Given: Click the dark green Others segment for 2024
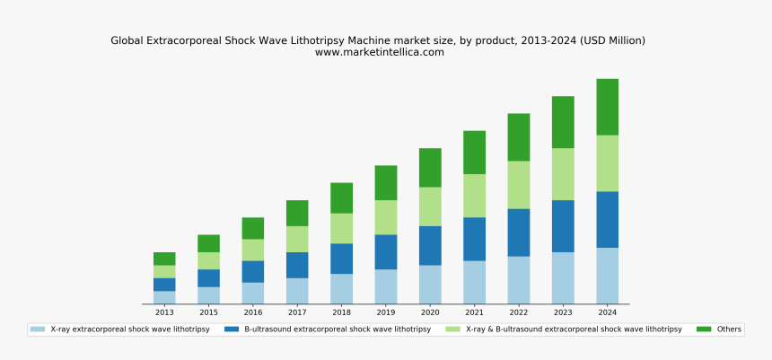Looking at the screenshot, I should pyautogui.click(x=607, y=107).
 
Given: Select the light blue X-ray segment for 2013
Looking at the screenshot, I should pyautogui.click(x=164, y=297).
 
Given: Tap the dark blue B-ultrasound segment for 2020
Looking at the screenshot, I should pyautogui.click(x=430, y=245).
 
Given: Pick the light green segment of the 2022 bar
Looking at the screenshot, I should pyautogui.click(x=518, y=185).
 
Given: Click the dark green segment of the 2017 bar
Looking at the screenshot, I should pyautogui.click(x=297, y=213).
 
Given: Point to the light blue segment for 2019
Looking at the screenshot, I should pyautogui.click(x=386, y=286).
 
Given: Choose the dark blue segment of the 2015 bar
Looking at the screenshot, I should pyautogui.click(x=208, y=277).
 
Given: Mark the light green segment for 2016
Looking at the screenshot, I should pyautogui.click(x=253, y=250).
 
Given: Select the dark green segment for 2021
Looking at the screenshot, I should pyautogui.click(x=474, y=153).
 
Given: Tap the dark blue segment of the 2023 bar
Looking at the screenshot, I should pyautogui.click(x=563, y=225).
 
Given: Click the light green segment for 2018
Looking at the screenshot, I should pyautogui.click(x=341, y=228).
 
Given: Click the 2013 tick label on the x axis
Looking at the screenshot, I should pyautogui.click(x=164, y=312).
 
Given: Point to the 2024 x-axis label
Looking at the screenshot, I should pyautogui.click(x=607, y=312).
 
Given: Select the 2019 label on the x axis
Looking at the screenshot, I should pyautogui.click(x=386, y=312).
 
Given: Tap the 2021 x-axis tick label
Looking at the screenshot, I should pyautogui.click(x=474, y=312).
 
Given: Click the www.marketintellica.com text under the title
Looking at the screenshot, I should pyautogui.click(x=379, y=52).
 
